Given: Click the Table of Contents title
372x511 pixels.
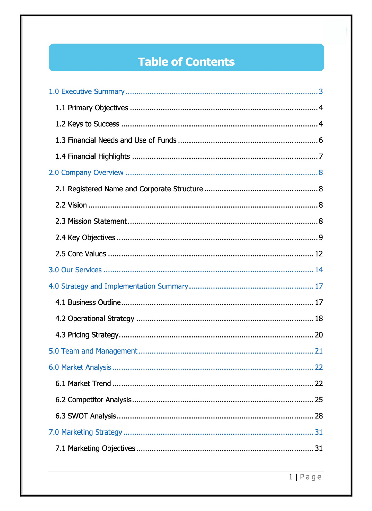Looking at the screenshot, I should [186, 62].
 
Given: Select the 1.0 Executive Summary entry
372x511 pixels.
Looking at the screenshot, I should [86, 92].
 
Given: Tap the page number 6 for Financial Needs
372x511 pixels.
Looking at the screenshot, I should [321, 140].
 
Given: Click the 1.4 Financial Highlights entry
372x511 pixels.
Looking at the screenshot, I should [93, 156].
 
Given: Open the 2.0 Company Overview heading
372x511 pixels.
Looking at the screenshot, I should [86, 173].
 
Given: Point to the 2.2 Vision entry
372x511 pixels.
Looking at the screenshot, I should [71, 205].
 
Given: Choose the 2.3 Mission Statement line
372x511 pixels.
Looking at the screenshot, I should [91, 221].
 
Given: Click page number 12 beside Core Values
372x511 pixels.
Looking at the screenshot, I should [319, 254].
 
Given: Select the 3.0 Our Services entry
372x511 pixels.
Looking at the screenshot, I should [75, 270].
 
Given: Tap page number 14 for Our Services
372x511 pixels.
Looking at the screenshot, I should [319, 270].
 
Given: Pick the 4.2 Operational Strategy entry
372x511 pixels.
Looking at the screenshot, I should [95, 319].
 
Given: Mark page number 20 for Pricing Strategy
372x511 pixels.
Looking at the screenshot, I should [319, 335].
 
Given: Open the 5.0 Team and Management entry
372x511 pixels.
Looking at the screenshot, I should [93, 351].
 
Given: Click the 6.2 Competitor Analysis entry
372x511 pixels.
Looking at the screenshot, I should [93, 400].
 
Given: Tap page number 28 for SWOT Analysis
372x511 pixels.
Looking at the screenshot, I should [319, 416].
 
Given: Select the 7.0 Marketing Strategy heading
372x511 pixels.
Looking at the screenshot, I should [85, 432].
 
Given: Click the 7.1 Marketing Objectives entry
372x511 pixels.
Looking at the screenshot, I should [95, 448].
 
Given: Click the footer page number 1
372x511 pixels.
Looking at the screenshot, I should [291, 477].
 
